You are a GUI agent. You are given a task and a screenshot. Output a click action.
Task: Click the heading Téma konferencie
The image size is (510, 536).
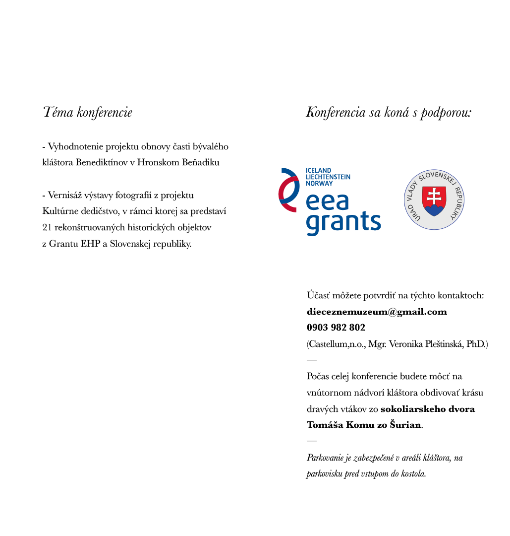tap(88, 112)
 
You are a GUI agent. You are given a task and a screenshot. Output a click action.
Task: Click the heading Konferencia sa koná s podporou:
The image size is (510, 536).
tap(389, 112)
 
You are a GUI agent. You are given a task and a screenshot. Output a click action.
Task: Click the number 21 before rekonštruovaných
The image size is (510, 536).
tap(48, 227)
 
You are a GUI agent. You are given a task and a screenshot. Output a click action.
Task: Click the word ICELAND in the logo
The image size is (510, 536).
tap(319, 170)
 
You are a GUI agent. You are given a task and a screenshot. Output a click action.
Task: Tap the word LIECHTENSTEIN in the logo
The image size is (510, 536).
tap(328, 177)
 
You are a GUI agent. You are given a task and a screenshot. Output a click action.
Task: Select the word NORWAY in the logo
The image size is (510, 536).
tap(320, 183)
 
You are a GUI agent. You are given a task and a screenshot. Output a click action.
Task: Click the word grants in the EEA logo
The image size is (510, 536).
tap(343, 222)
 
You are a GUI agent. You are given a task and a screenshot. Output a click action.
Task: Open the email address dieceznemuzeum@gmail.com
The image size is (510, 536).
tap(377, 312)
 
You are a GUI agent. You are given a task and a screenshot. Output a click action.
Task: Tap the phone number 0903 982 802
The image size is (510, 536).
tap(336, 328)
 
